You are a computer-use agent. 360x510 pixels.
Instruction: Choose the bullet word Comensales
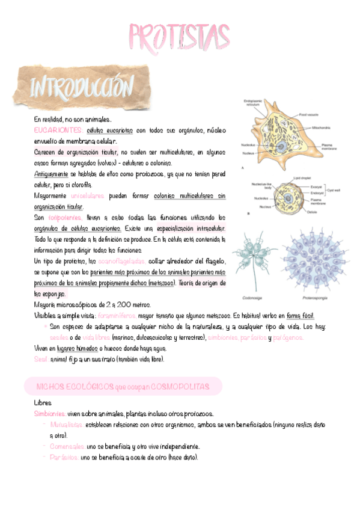tap(68, 447)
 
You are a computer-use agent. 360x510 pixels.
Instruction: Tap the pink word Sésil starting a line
tap(41, 360)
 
